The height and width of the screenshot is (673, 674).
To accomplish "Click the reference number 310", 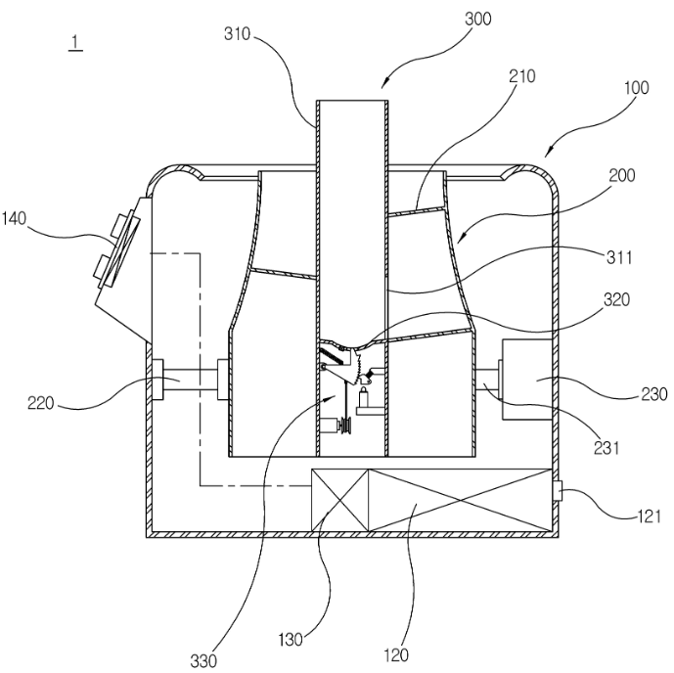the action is pos(237,33).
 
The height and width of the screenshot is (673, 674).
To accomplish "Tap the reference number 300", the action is pos(478,19).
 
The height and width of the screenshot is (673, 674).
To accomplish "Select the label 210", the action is pos(522,76).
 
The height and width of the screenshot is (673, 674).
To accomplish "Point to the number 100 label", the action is pos(636,88).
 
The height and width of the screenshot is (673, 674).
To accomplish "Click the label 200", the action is pos(622,175).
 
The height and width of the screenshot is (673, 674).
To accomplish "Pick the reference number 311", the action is pos(619,257).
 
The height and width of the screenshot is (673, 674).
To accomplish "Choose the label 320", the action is pos(617,299).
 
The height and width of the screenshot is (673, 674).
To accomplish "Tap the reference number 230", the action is pos(654,394).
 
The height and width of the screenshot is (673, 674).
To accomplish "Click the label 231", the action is pos(607,448).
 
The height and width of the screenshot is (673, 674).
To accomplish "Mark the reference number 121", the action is pos(649,516).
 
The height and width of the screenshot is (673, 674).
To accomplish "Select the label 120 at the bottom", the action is pos(395,655).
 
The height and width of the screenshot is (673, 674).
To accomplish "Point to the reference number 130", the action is pos(291,640).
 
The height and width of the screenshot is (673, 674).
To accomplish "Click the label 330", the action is pos(203,661).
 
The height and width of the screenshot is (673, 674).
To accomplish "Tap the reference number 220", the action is pos(41,403).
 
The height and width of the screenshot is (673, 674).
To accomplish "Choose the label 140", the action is pos(14,218).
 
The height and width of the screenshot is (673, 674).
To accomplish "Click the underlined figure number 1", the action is pos(75,42).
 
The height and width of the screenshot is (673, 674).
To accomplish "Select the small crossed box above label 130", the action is pos(340,500).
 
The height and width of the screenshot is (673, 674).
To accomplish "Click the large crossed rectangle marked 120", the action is pos(461,500).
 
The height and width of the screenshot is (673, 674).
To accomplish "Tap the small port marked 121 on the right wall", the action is pos(558,491).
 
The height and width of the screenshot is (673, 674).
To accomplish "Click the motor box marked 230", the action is pos(527,379).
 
